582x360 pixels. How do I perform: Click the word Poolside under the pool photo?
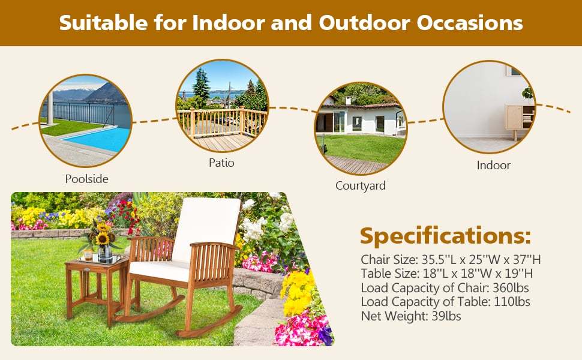[87, 179]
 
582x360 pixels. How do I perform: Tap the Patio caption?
[221, 163]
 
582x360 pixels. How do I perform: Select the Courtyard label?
[360, 185]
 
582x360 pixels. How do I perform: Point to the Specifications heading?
[445, 236]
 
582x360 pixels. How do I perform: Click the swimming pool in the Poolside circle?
[96, 138]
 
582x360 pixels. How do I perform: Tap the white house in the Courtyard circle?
[360, 120]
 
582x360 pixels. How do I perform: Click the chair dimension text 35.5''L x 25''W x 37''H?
[481, 260]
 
